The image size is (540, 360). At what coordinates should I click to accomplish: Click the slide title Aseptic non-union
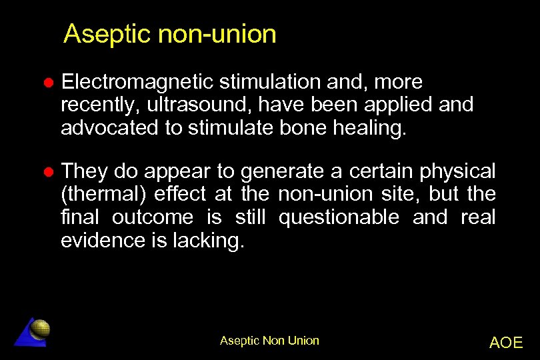coord(169,34)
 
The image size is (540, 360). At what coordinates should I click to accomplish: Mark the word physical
coord(457,172)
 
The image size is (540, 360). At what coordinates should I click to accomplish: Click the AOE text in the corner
coord(506,343)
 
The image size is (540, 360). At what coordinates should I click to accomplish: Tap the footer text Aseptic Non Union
coord(269,341)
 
